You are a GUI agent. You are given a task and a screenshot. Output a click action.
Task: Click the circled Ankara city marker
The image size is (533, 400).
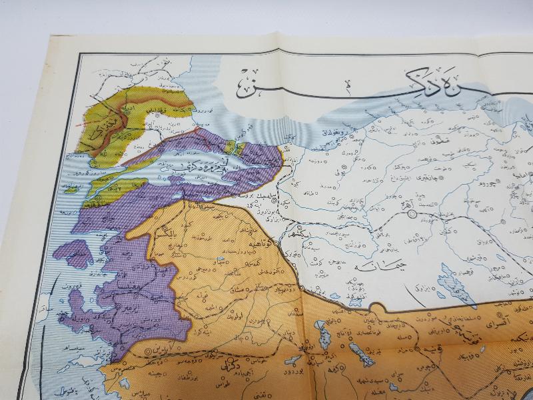pyautogui.click(x=412, y=213)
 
